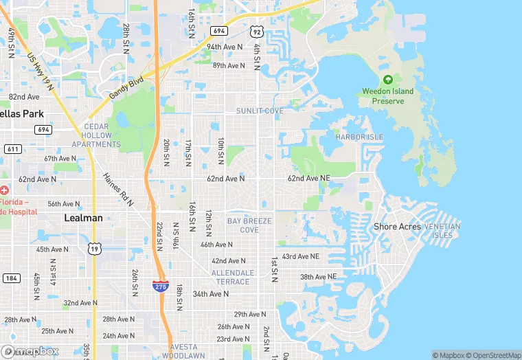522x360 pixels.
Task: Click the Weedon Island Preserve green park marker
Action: click(388, 80)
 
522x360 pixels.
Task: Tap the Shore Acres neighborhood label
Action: click(398, 227)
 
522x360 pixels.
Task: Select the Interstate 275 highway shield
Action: click(159, 285)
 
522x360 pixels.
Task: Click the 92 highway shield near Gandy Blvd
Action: click(256, 32)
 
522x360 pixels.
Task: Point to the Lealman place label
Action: click(83, 218)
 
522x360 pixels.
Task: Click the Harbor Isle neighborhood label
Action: click(359, 137)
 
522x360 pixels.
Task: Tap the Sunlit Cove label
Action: click(260, 111)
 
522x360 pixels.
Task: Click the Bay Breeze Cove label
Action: click(249, 225)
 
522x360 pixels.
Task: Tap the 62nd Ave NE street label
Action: click(308, 178)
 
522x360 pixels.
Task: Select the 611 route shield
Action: click(12, 148)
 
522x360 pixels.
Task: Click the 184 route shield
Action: click(10, 278)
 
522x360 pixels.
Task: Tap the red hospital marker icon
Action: click(5, 190)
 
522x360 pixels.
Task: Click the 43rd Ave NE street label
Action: click(300, 256)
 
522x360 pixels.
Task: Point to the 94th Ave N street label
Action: click(225, 47)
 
